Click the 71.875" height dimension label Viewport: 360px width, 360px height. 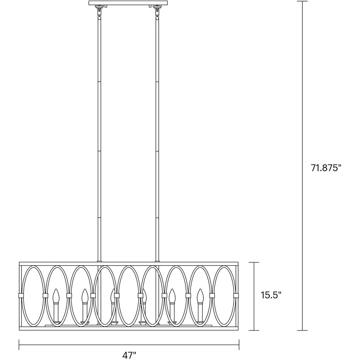pos(326,168)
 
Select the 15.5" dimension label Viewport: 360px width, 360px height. pos(271,295)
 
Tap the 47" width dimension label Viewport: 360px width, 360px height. pos(129,355)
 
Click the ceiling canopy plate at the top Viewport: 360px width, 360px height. pos(128,3)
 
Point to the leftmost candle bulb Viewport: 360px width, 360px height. pos(56,296)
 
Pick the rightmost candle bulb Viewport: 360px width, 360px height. pos(200,296)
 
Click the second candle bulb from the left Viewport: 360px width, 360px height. pos(85,296)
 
